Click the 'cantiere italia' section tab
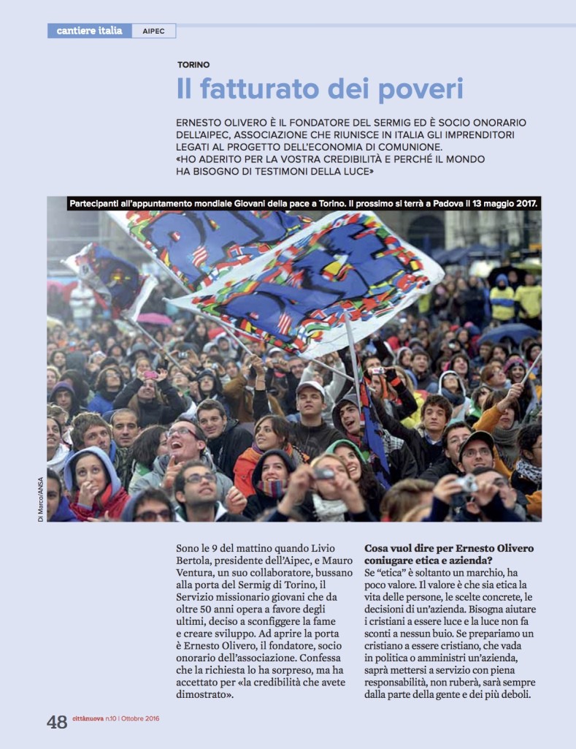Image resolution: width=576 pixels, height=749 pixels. coord(89,31)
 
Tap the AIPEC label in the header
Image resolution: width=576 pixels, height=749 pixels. coord(153,31)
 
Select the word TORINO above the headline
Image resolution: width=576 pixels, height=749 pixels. coord(193,65)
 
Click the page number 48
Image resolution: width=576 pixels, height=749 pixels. coord(57,722)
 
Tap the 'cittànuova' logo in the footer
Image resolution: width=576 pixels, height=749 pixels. coord(90,719)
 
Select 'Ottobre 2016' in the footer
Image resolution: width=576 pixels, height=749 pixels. coord(141,719)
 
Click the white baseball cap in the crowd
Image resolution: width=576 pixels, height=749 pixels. coord(310,387)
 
